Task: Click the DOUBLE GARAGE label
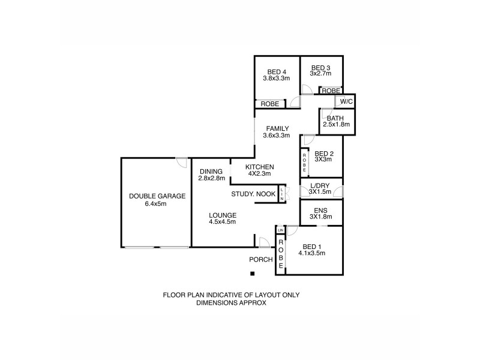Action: tap(157, 196)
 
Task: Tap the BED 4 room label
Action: tap(276, 71)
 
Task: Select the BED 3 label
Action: tap(320, 67)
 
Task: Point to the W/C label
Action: tap(345, 101)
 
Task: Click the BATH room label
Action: tap(335, 118)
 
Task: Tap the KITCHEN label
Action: tap(260, 166)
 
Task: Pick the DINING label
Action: tap(211, 171)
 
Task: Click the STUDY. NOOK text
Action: tap(254, 194)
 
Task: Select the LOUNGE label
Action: tap(222, 215)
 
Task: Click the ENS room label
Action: tap(320, 209)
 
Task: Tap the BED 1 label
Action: tap(311, 246)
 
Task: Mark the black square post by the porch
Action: tap(253, 274)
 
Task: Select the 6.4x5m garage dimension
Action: tap(155, 203)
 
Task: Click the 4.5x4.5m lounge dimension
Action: tap(222, 222)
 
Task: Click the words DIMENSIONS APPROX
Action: tap(231, 303)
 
